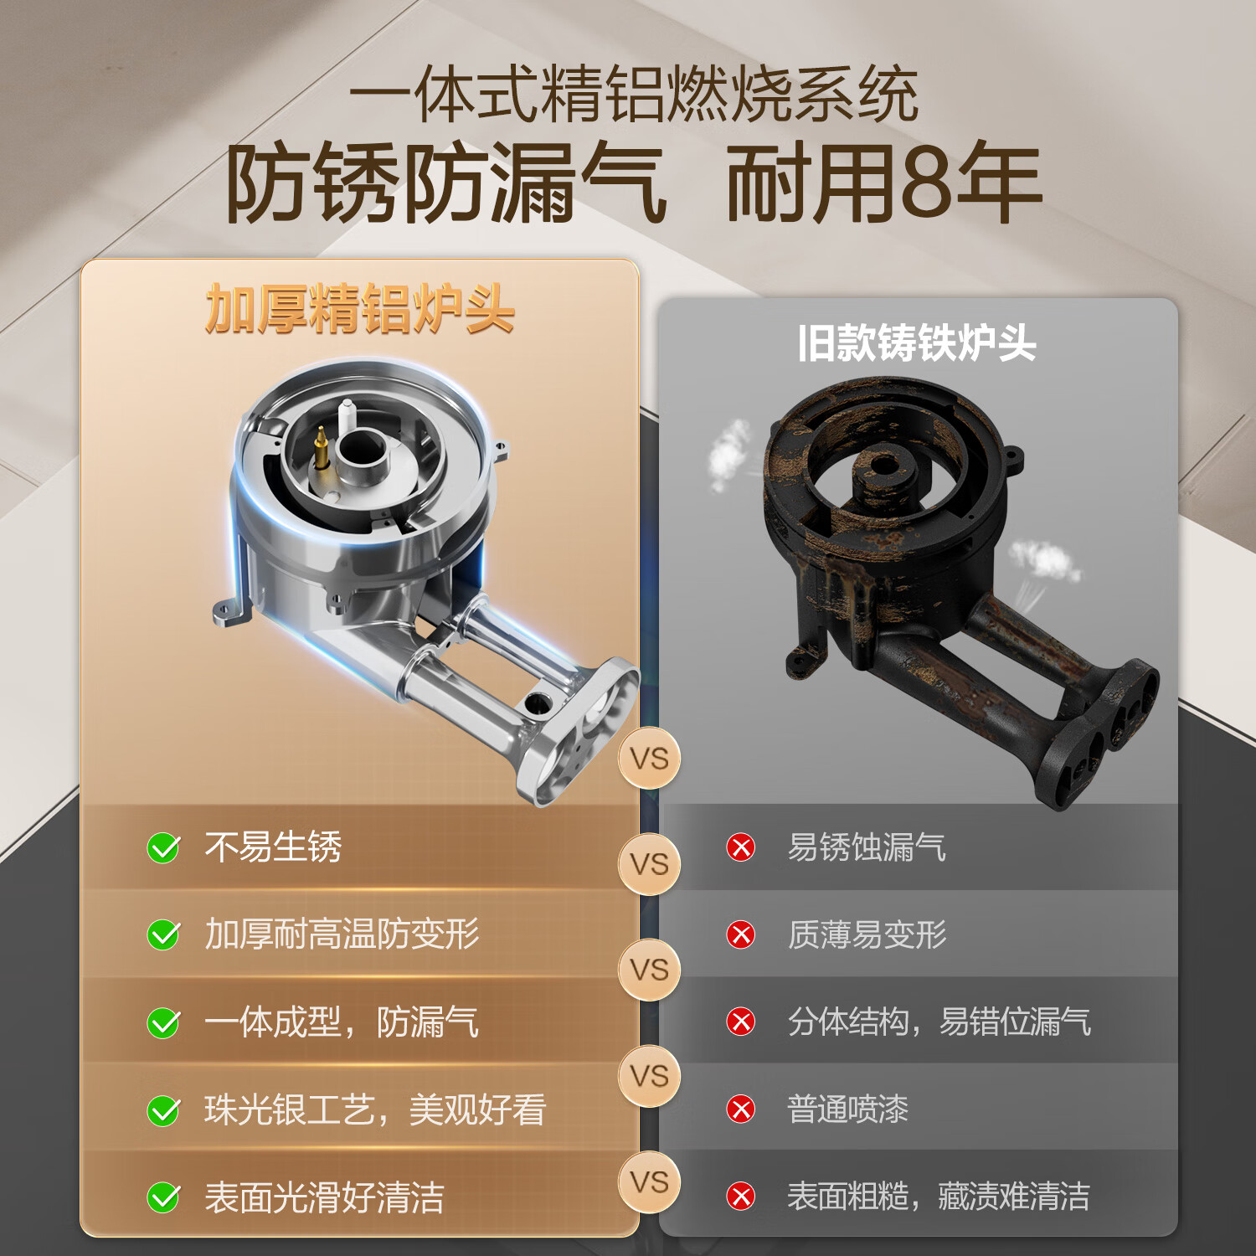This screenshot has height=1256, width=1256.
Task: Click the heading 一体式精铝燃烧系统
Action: click(x=633, y=95)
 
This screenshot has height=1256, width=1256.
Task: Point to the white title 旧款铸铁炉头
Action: click(x=917, y=343)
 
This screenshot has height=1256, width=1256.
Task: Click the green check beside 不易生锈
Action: click(x=163, y=848)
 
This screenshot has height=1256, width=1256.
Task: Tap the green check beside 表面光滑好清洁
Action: click(x=163, y=1197)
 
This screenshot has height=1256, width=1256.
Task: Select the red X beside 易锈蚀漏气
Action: click(x=741, y=847)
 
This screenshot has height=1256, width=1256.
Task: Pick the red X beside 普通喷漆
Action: click(x=741, y=1109)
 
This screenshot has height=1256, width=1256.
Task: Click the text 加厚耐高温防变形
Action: click(x=342, y=934)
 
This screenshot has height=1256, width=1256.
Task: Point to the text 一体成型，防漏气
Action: click(x=342, y=1022)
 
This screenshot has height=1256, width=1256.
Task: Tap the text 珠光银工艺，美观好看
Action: click(x=375, y=1110)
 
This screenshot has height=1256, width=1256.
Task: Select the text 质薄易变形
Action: click(x=867, y=934)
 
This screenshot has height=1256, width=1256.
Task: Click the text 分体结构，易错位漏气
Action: click(x=939, y=1022)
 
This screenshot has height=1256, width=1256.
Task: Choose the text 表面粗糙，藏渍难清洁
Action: click(x=938, y=1197)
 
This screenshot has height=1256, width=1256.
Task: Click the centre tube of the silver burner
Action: click(x=362, y=449)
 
